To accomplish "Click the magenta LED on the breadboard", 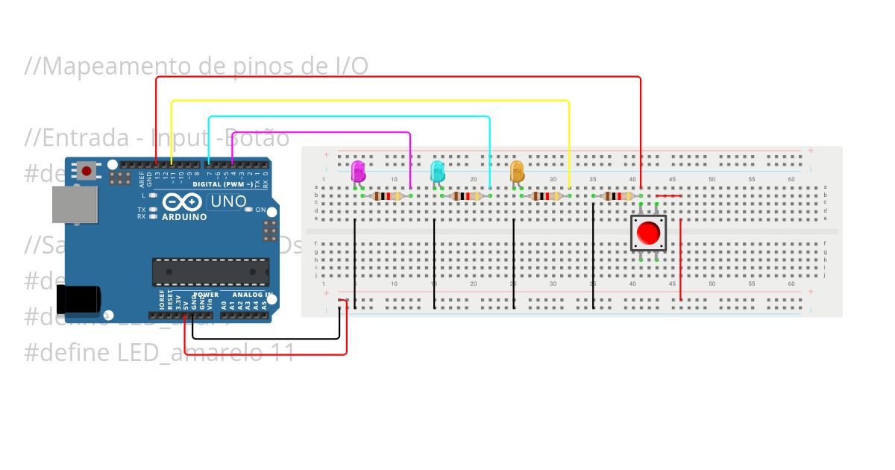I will point(358,171).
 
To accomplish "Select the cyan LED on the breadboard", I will point(438,171).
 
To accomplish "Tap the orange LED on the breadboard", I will point(517,171).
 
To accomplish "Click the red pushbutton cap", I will point(648,233).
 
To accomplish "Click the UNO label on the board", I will point(227,201).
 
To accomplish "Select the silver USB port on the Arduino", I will point(75,204).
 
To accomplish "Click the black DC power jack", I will point(79,299).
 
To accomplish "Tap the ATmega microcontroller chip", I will point(211,272).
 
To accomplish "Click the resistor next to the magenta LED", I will point(387,196).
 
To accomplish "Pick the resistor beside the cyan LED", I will point(466,196).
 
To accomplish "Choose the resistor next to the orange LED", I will point(545,196).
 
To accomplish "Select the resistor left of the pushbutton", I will point(618,196).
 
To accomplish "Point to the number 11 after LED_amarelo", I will point(282,352).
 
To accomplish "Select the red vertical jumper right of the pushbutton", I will point(680,261).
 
